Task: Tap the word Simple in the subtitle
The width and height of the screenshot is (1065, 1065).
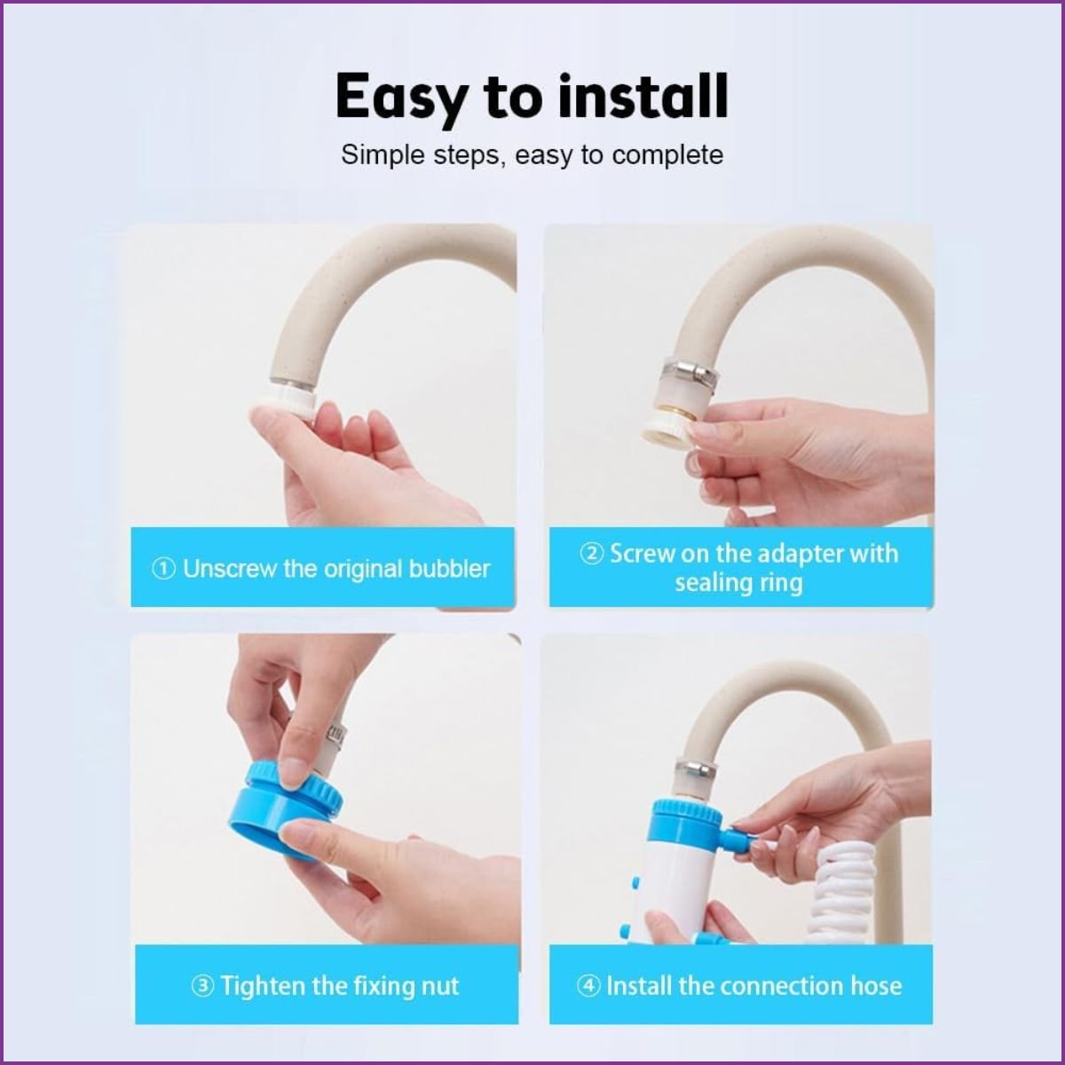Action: tap(383, 155)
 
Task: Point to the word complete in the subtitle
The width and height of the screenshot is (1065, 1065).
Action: tap(667, 156)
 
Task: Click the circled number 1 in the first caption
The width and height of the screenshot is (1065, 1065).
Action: tap(163, 569)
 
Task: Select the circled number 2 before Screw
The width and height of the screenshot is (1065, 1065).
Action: tap(592, 553)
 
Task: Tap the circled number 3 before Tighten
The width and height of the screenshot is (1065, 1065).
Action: tap(203, 986)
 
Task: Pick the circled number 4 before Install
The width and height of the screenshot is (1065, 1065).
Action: tap(588, 986)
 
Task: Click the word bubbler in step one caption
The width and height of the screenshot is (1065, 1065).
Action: tap(449, 569)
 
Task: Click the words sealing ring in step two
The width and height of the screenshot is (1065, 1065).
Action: tap(738, 584)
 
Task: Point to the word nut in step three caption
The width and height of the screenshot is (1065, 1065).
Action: tap(441, 987)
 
